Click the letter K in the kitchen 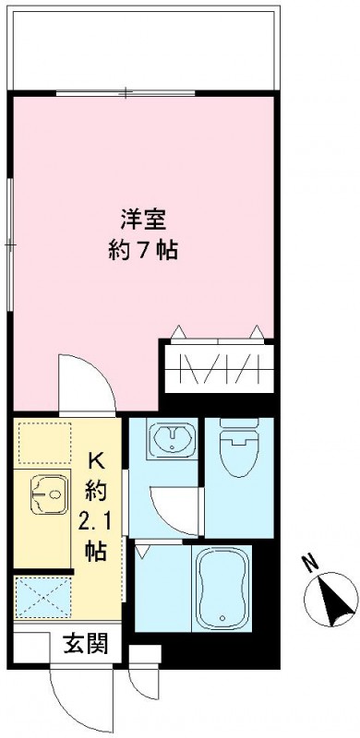[x=97, y=458]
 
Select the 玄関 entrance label [x=84, y=645]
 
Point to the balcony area [x=143, y=46]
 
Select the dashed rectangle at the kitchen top [x=43, y=442]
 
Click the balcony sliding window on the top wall [x=125, y=92]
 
